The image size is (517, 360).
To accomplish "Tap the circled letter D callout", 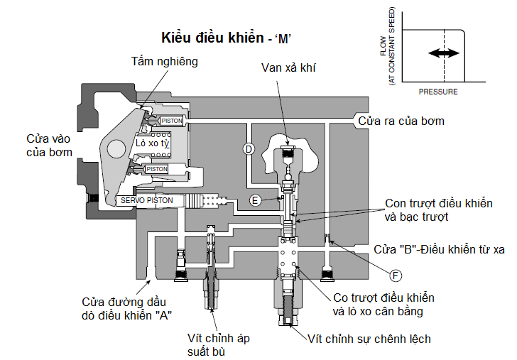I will click(x=249, y=148).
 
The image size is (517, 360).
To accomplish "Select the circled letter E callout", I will click(x=254, y=200).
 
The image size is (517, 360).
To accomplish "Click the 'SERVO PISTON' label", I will click(x=146, y=200).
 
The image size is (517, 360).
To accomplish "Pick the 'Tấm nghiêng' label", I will click(x=164, y=62).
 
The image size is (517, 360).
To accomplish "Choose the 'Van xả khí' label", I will click(x=288, y=68).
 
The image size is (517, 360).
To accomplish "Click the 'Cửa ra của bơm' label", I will click(x=401, y=121).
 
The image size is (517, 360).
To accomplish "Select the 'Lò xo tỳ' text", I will click(x=153, y=143).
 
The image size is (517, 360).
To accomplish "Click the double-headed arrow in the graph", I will click(x=443, y=54).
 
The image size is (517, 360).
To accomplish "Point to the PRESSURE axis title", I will click(x=438, y=92).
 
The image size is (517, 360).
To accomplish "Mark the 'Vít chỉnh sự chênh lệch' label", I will click(x=369, y=339).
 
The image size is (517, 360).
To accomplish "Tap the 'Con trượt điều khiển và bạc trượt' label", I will click(x=438, y=210).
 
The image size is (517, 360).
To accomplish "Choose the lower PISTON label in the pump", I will click(x=156, y=169).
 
